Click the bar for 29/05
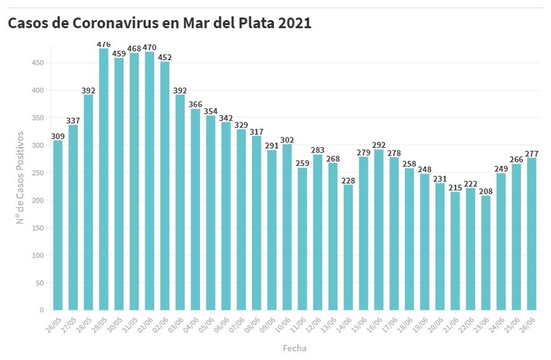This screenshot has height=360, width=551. coord(103,179)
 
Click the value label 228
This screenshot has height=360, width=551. coord(349,180)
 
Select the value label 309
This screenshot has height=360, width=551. coord(58,136)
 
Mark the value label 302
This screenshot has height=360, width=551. coord(287,139)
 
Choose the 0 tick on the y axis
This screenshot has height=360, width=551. coord(42,310)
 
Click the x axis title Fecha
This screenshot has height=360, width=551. coord(294,348)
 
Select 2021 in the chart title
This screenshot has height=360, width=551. coord(295,23)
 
